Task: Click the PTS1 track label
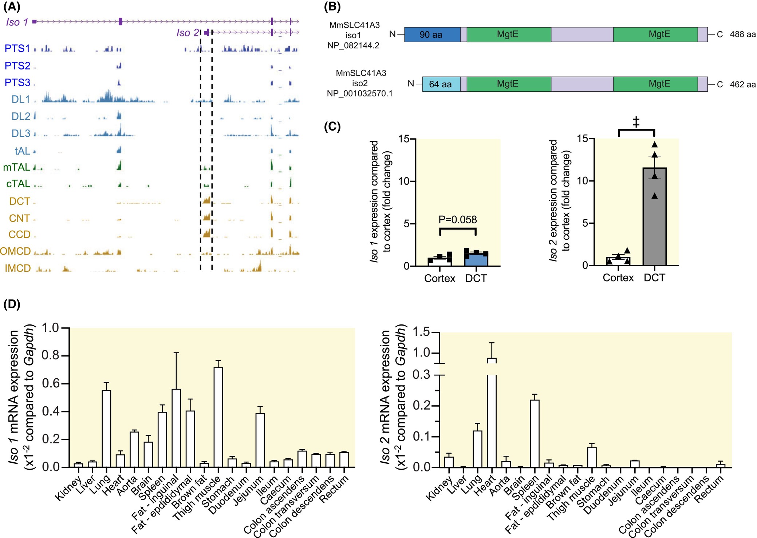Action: [x=17, y=48]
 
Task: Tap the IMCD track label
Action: [x=17, y=268]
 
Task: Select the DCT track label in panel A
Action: [x=20, y=201]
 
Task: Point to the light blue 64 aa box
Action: [x=441, y=84]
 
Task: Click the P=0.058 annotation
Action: [x=457, y=219]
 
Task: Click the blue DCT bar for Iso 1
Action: [x=476, y=259]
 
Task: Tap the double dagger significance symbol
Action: [x=636, y=122]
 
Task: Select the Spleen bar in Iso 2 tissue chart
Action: [x=535, y=433]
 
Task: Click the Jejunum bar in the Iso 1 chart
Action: [x=260, y=440]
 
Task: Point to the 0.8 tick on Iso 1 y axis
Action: [x=51, y=355]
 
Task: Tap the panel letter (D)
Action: [x=12, y=304]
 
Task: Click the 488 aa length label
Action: [x=742, y=35]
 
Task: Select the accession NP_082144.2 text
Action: [x=353, y=45]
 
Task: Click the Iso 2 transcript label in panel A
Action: [x=188, y=33]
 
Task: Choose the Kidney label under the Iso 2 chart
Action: [x=439, y=489]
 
